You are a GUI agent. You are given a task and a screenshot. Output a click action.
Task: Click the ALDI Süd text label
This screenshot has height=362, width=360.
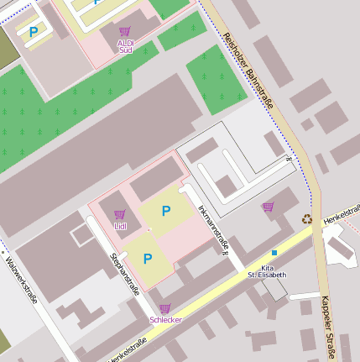coord(125,45)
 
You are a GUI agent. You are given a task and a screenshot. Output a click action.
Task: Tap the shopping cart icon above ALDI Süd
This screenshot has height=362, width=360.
coord(125,32)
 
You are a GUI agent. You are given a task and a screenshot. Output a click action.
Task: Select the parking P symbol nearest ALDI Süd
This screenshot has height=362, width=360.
coord(34,32)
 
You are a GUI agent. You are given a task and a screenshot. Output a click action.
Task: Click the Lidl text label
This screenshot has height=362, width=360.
coord(120,226)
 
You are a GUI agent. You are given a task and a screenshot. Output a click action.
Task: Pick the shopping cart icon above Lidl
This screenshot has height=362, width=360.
coord(119,214)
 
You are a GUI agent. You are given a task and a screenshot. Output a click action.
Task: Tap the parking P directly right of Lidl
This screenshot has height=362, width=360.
coord(166,211)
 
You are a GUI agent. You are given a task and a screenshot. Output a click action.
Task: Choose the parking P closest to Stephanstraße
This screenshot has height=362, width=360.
coord(148,259)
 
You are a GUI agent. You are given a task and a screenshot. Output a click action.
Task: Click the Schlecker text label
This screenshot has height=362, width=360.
coord(164,320)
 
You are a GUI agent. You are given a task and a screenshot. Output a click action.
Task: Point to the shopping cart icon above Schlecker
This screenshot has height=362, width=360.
coord(164,308)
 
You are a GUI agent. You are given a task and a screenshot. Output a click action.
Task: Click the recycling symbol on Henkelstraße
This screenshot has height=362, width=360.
coord(307,220)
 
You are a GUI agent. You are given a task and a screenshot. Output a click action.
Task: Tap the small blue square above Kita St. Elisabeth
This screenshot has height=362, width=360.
coord(274,252)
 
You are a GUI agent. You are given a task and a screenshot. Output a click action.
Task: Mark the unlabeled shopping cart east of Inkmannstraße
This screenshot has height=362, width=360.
coord(268,207)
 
